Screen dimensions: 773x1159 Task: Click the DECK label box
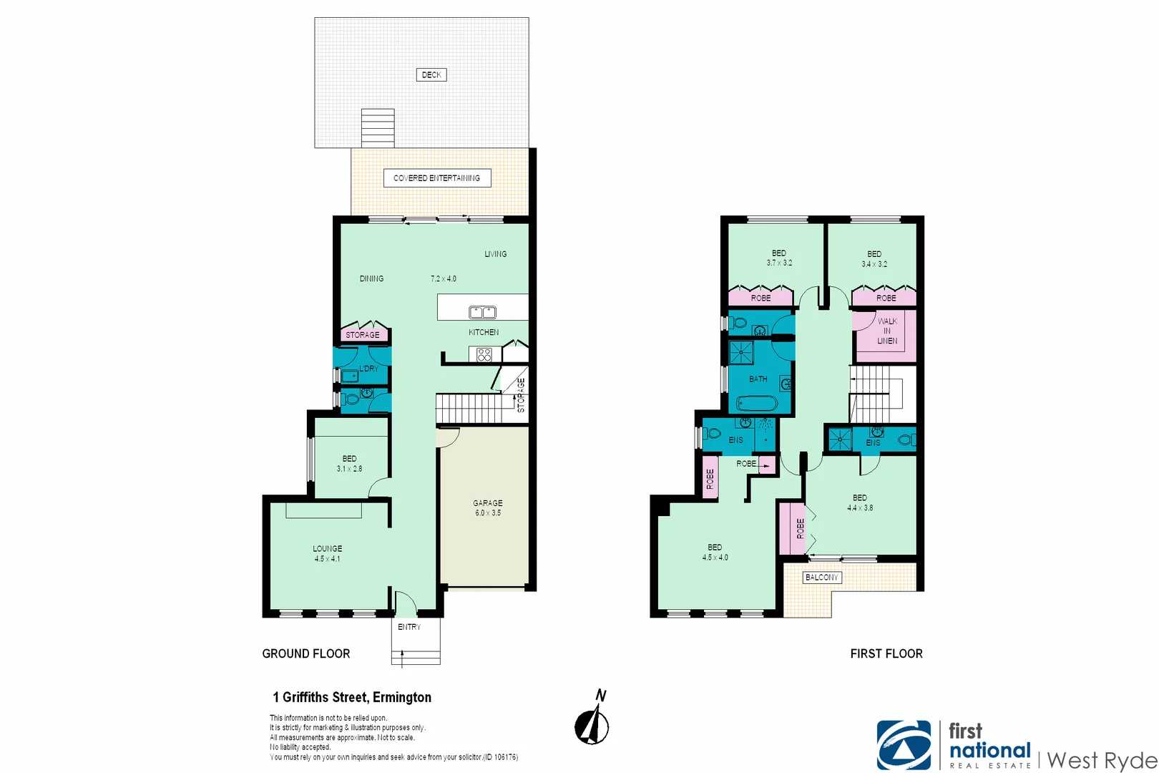pos(431,74)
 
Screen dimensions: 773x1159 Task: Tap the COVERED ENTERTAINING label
pos(436,178)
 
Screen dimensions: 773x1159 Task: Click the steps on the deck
pos(377,128)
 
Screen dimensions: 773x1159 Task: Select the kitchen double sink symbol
pos(482,312)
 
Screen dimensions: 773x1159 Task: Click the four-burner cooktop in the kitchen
pos(484,354)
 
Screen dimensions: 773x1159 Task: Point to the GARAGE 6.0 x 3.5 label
pos(487,508)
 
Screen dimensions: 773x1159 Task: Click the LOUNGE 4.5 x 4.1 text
pos(327,553)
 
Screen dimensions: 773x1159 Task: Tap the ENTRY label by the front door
pos(409,627)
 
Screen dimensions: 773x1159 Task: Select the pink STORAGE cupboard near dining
pos(363,334)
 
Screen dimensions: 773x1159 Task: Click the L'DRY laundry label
pos(368,369)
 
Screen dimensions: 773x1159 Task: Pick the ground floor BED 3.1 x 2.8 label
pos(349,464)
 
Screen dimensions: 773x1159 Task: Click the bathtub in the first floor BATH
pos(756,404)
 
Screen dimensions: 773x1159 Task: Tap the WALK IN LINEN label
pos(887,331)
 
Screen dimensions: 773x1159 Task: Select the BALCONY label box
pos(821,577)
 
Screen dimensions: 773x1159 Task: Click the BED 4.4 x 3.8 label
pos(860,502)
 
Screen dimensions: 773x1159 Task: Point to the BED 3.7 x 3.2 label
pos(779,258)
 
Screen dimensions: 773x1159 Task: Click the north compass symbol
pos(592,726)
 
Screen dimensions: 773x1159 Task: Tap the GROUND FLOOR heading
pos(306,653)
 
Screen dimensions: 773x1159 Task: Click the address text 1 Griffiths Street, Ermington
pos(352,697)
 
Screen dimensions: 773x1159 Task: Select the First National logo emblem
pos(904,745)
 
